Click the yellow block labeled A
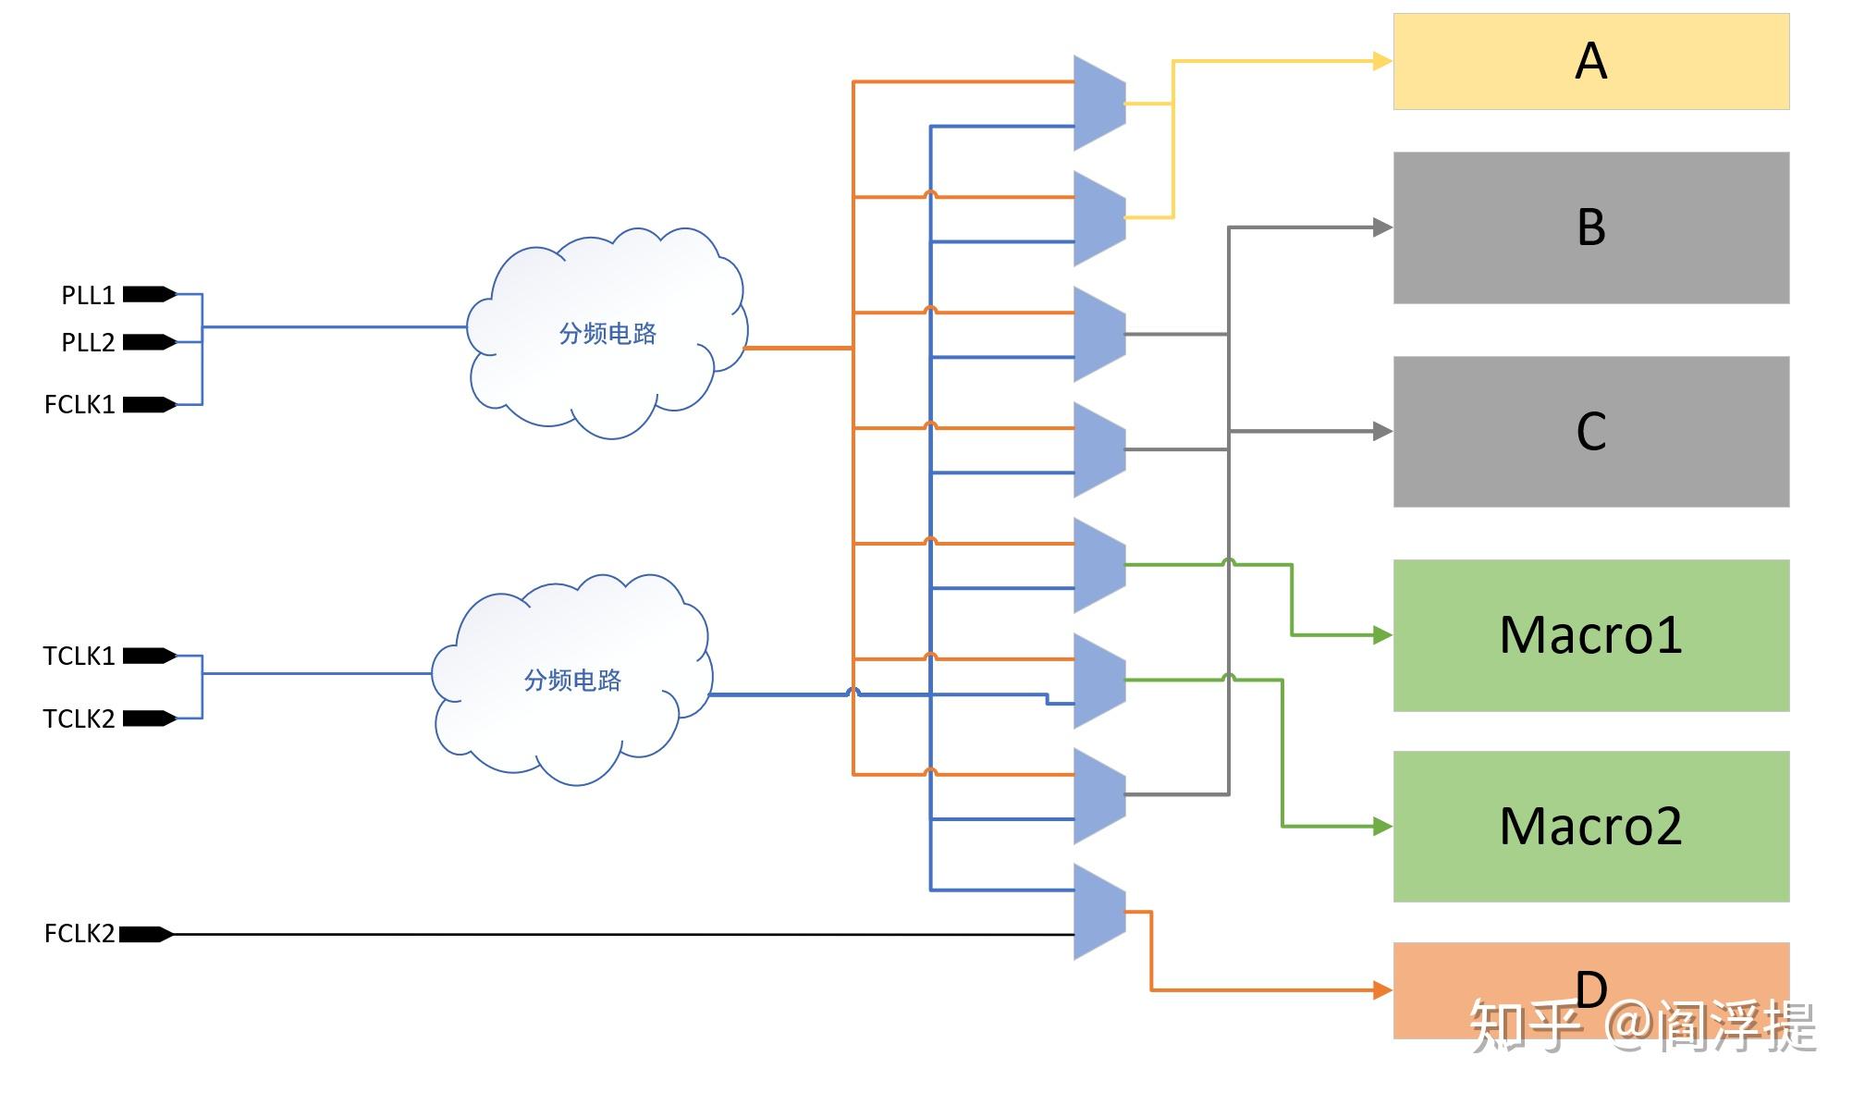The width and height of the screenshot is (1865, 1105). pyautogui.click(x=1590, y=61)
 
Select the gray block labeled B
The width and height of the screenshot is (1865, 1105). pyautogui.click(x=1590, y=227)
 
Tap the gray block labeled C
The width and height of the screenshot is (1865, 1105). pyautogui.click(x=1590, y=431)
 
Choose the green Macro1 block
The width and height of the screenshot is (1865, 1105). pyautogui.click(x=1590, y=635)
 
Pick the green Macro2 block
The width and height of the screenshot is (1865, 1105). pyautogui.click(x=1590, y=826)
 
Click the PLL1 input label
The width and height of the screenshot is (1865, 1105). pyautogui.click(x=88, y=295)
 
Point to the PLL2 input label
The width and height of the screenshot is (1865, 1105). pyautogui.click(x=88, y=342)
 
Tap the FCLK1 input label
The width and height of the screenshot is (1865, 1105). pyautogui.click(x=80, y=404)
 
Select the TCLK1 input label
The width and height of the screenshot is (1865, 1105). pyautogui.click(x=79, y=656)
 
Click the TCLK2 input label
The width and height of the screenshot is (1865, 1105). pyautogui.click(x=79, y=718)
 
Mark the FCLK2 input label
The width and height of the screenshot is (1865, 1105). pyautogui.click(x=80, y=934)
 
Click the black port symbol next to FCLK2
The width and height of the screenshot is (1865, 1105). pyautogui.click(x=146, y=934)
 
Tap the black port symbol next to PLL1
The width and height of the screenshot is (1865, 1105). pyautogui.click(x=149, y=295)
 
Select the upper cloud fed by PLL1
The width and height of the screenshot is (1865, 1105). pyautogui.click(x=607, y=333)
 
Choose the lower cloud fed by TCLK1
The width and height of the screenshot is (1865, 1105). pyautogui.click(x=571, y=680)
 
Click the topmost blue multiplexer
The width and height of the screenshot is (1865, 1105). pyautogui.click(x=1099, y=104)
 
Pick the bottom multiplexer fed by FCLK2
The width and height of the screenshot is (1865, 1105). pyautogui.click(x=1099, y=912)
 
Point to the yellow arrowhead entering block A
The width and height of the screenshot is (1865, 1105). pyautogui.click(x=1382, y=61)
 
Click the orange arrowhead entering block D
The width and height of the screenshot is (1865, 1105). pyautogui.click(x=1382, y=990)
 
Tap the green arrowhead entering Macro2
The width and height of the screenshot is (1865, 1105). pyautogui.click(x=1382, y=826)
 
